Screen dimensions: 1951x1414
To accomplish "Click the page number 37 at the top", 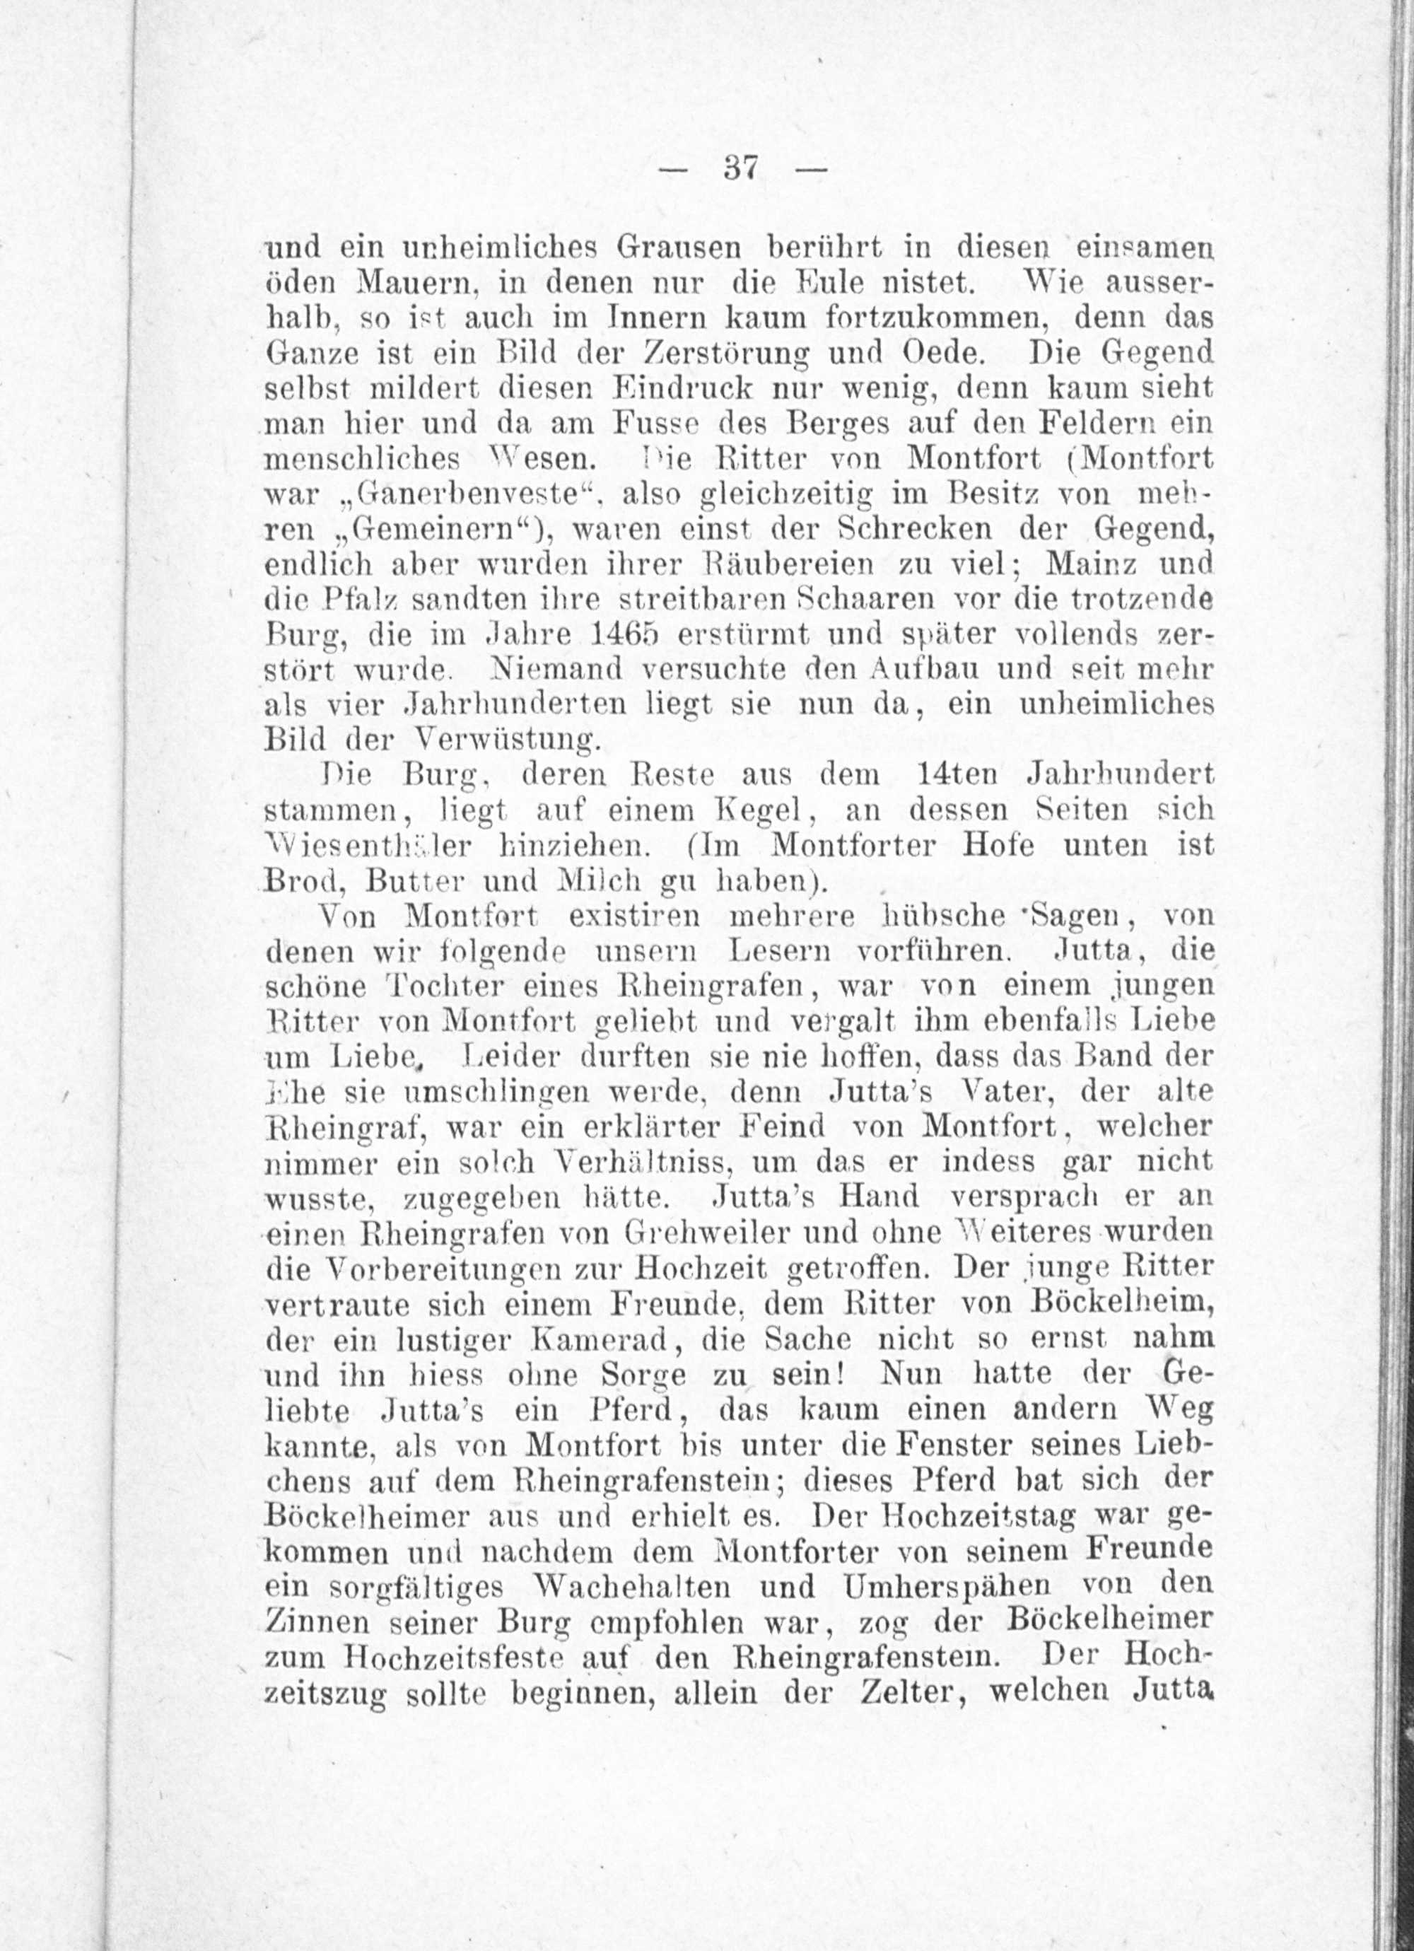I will tap(740, 168).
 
